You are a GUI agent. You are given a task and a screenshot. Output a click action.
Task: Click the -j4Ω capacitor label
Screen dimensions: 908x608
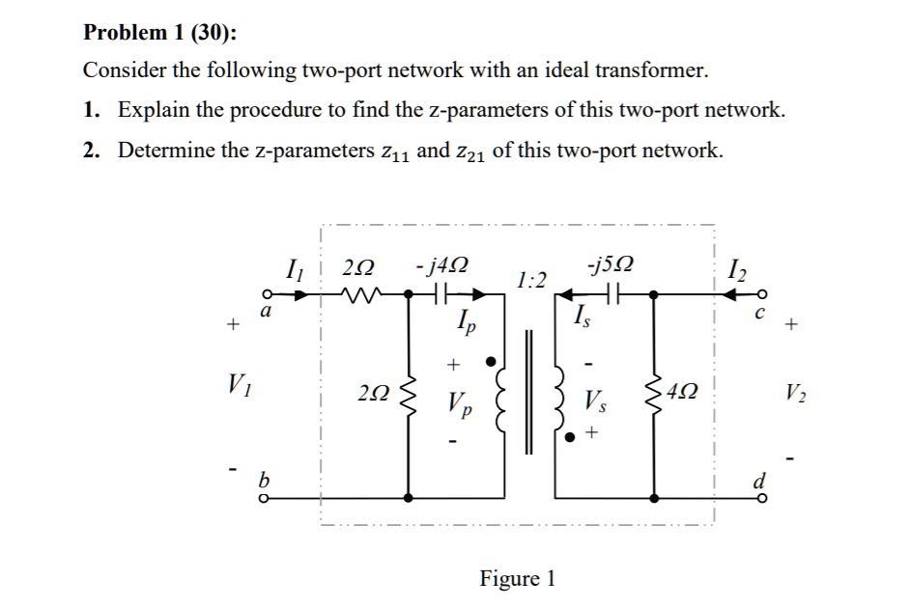[x=441, y=265]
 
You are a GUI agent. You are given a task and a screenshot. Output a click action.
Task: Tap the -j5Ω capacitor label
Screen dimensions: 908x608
[x=610, y=264]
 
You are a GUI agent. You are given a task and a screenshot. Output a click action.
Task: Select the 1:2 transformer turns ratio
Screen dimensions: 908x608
[x=531, y=280]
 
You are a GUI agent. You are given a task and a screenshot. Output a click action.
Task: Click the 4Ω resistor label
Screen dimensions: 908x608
[x=682, y=392]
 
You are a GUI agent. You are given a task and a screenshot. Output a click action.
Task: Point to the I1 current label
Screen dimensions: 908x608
[x=295, y=269]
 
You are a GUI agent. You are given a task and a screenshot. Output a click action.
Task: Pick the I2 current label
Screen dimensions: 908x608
[x=737, y=268]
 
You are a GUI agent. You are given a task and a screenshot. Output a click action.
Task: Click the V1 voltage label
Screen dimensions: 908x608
[x=240, y=385]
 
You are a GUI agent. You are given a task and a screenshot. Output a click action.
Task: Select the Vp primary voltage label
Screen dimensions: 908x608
[x=459, y=403]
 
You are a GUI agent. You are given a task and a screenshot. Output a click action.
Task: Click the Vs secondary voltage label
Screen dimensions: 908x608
[x=595, y=401]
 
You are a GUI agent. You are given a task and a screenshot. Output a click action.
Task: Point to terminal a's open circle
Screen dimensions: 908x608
[x=267, y=294]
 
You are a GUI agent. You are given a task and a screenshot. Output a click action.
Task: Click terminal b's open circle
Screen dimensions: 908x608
[x=264, y=498]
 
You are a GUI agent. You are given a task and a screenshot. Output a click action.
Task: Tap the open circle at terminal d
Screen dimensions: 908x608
[x=762, y=498]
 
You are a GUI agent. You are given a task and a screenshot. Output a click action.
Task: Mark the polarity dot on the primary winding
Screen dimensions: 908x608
[x=491, y=362]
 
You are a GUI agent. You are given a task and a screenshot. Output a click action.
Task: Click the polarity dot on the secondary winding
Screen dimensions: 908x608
[x=570, y=437]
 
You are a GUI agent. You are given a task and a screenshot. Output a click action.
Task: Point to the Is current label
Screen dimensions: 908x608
[x=582, y=317]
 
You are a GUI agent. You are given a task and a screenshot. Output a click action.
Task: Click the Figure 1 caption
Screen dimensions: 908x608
[x=517, y=578]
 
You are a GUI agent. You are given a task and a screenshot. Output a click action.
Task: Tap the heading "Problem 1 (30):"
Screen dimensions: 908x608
[x=159, y=32]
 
